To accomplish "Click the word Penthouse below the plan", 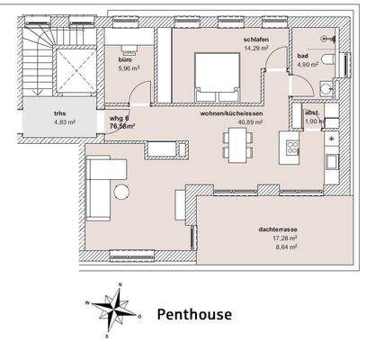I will coord(194,315).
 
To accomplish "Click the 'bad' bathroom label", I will coord(303,56).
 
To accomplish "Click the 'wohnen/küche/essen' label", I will coord(231,113).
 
